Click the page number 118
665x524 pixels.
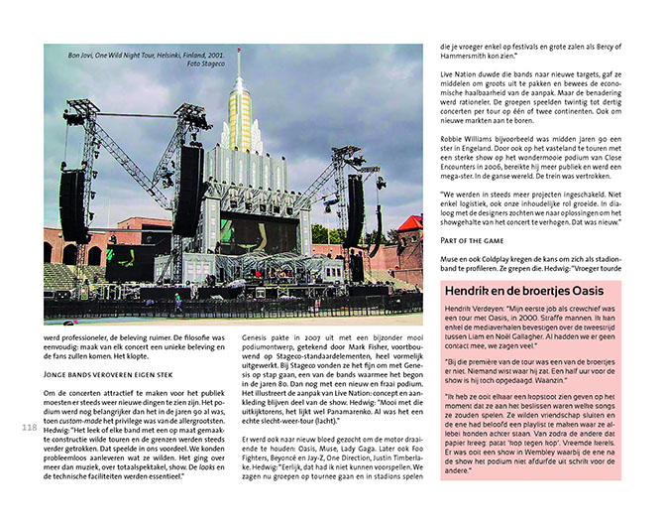[x=28, y=428]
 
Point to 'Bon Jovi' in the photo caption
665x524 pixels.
[x=80, y=55]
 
